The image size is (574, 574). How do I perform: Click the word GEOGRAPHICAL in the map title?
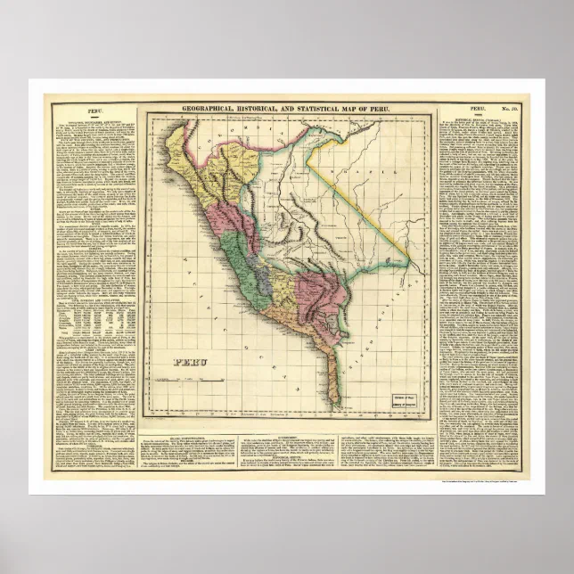click(x=206, y=108)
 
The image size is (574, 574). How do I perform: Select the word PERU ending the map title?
click(x=389, y=108)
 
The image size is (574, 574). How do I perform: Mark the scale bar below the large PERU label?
click(x=192, y=380)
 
